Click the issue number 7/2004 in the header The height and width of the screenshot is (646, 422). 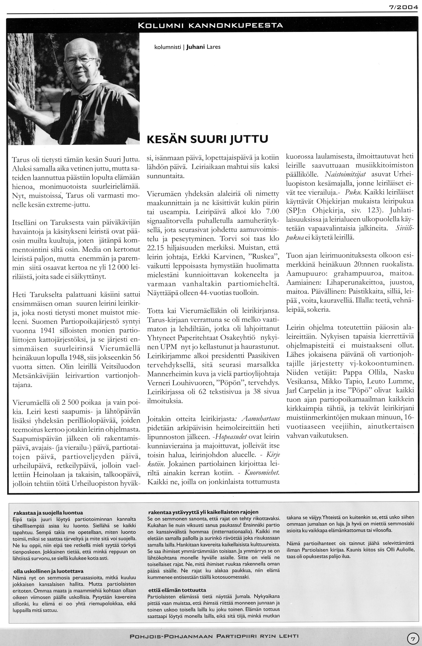(404, 8)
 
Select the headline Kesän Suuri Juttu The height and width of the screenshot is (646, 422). (208, 139)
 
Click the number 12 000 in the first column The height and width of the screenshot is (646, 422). (118, 267)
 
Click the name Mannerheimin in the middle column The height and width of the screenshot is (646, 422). (166, 374)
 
